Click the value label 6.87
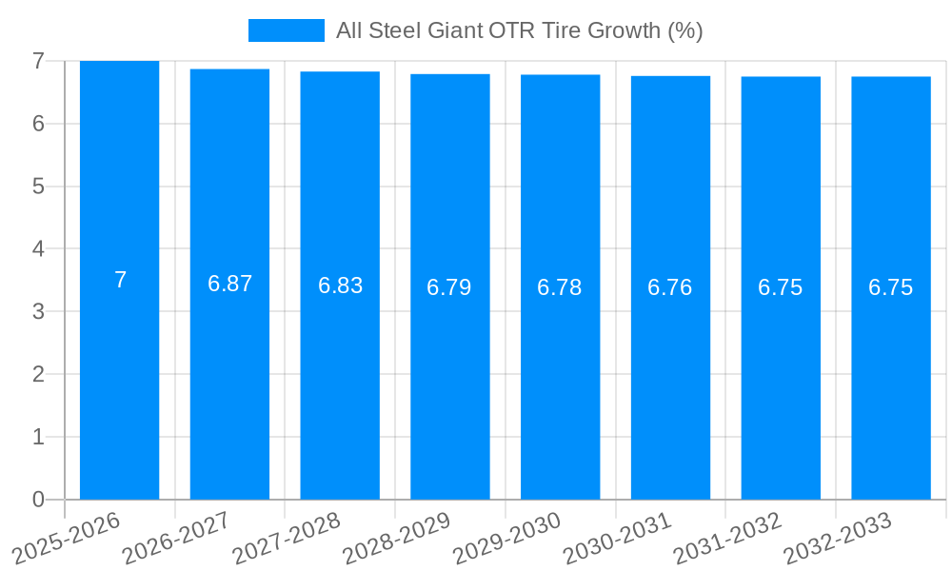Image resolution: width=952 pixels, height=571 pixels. [x=229, y=284]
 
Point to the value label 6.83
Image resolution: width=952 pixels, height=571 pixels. [x=340, y=285]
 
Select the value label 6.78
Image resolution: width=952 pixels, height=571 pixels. [x=560, y=287]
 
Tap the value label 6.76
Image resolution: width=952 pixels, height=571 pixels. [x=670, y=287]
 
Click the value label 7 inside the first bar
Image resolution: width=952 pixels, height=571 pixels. [x=120, y=280]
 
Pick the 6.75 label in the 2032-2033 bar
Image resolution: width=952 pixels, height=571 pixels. [x=890, y=287]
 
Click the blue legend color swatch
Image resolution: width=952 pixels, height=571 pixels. [x=286, y=30]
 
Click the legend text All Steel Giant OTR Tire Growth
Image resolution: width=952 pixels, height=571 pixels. [x=519, y=30]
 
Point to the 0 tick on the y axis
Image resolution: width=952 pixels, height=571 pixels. [x=38, y=500]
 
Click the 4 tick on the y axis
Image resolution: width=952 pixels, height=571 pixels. [x=38, y=248]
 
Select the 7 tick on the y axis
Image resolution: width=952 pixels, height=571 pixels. [x=38, y=61]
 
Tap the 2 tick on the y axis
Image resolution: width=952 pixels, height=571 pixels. [x=38, y=374]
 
